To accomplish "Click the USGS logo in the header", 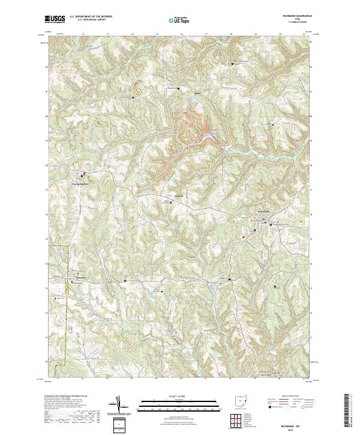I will [x=55, y=19].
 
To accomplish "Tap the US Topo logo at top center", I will [x=176, y=20].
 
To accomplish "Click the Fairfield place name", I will [x=178, y=196].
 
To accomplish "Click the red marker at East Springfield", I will [x=84, y=174].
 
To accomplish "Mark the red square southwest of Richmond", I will [x=243, y=236].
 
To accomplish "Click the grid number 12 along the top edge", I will [x=82, y=35].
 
